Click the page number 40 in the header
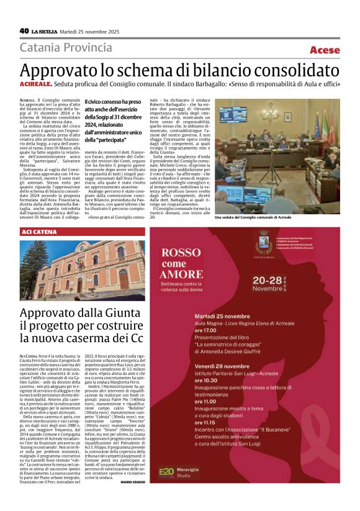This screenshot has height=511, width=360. pyautogui.click(x=24, y=30)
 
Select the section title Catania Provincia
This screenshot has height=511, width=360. pyautogui.click(x=66, y=48)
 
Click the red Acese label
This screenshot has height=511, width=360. pyautogui.click(x=325, y=50)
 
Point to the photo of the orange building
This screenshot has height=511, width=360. pyautogui.click(x=83, y=269)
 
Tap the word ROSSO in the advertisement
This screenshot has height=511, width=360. pyautogui.click(x=185, y=253)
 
